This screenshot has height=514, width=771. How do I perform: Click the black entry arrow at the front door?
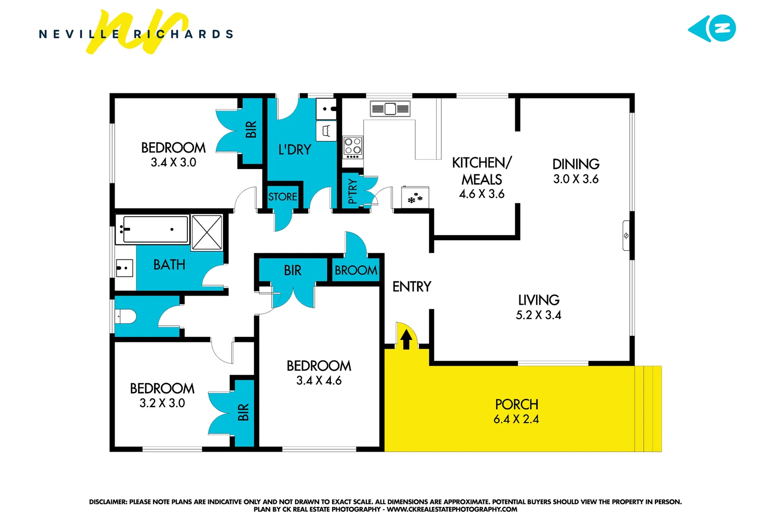406,339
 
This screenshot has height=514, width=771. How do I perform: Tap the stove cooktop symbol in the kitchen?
352,147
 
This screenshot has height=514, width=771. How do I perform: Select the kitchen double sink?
390,109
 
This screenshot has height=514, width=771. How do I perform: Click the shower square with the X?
206,232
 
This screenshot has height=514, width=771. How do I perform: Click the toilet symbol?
126,316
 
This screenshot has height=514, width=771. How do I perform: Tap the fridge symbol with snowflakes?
415,198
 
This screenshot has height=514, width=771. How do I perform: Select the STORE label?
283,197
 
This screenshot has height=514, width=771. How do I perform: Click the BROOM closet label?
356,270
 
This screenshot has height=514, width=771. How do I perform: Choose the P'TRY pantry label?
352,191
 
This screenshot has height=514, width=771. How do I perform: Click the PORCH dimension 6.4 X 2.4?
516,419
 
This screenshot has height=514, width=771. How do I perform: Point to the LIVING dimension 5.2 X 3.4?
538,315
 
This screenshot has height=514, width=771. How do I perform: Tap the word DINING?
576,164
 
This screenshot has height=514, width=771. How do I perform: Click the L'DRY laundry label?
294,150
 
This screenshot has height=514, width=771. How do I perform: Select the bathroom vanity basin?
125,268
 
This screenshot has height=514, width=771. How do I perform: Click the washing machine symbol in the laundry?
326,130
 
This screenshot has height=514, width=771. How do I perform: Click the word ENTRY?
411,287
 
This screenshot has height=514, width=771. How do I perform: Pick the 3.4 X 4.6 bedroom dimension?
319,381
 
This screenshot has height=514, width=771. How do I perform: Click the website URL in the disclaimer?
452,509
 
